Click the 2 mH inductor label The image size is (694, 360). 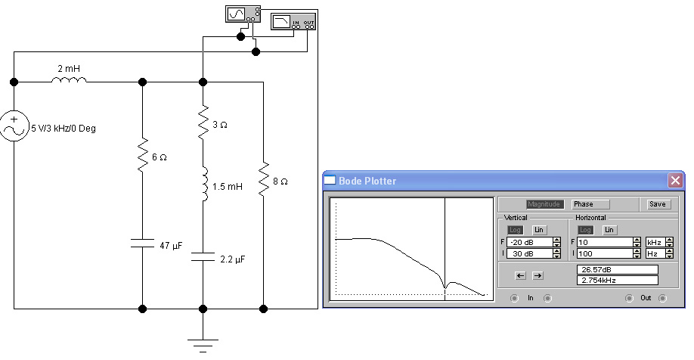tap(68, 69)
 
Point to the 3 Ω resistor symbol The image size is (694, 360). tap(203, 123)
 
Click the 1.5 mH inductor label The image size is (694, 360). tap(228, 186)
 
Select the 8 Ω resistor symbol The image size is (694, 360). tap(263, 182)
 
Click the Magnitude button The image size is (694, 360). tap(545, 204)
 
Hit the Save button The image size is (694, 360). tap(657, 204)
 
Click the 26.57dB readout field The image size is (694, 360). tap(617, 268)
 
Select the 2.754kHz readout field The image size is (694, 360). tap(617, 280)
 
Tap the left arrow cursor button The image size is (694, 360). tap(519, 275)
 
